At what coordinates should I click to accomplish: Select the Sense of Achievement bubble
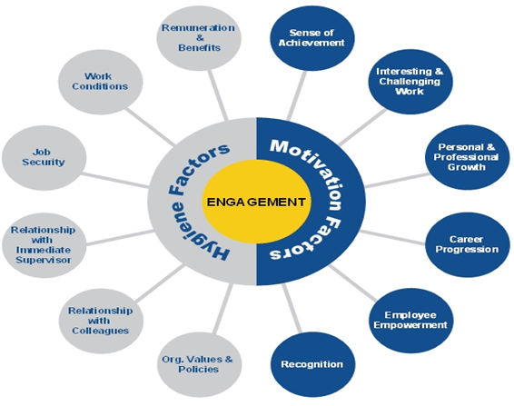coord(309,36)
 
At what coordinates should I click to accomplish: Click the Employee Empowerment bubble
coord(410,319)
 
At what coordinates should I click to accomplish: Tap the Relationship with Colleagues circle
coord(100,318)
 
